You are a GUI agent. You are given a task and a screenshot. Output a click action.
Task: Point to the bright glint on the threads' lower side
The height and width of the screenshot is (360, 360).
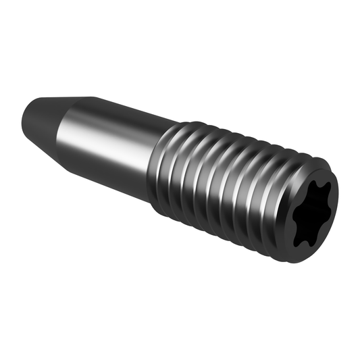pos(223,223)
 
